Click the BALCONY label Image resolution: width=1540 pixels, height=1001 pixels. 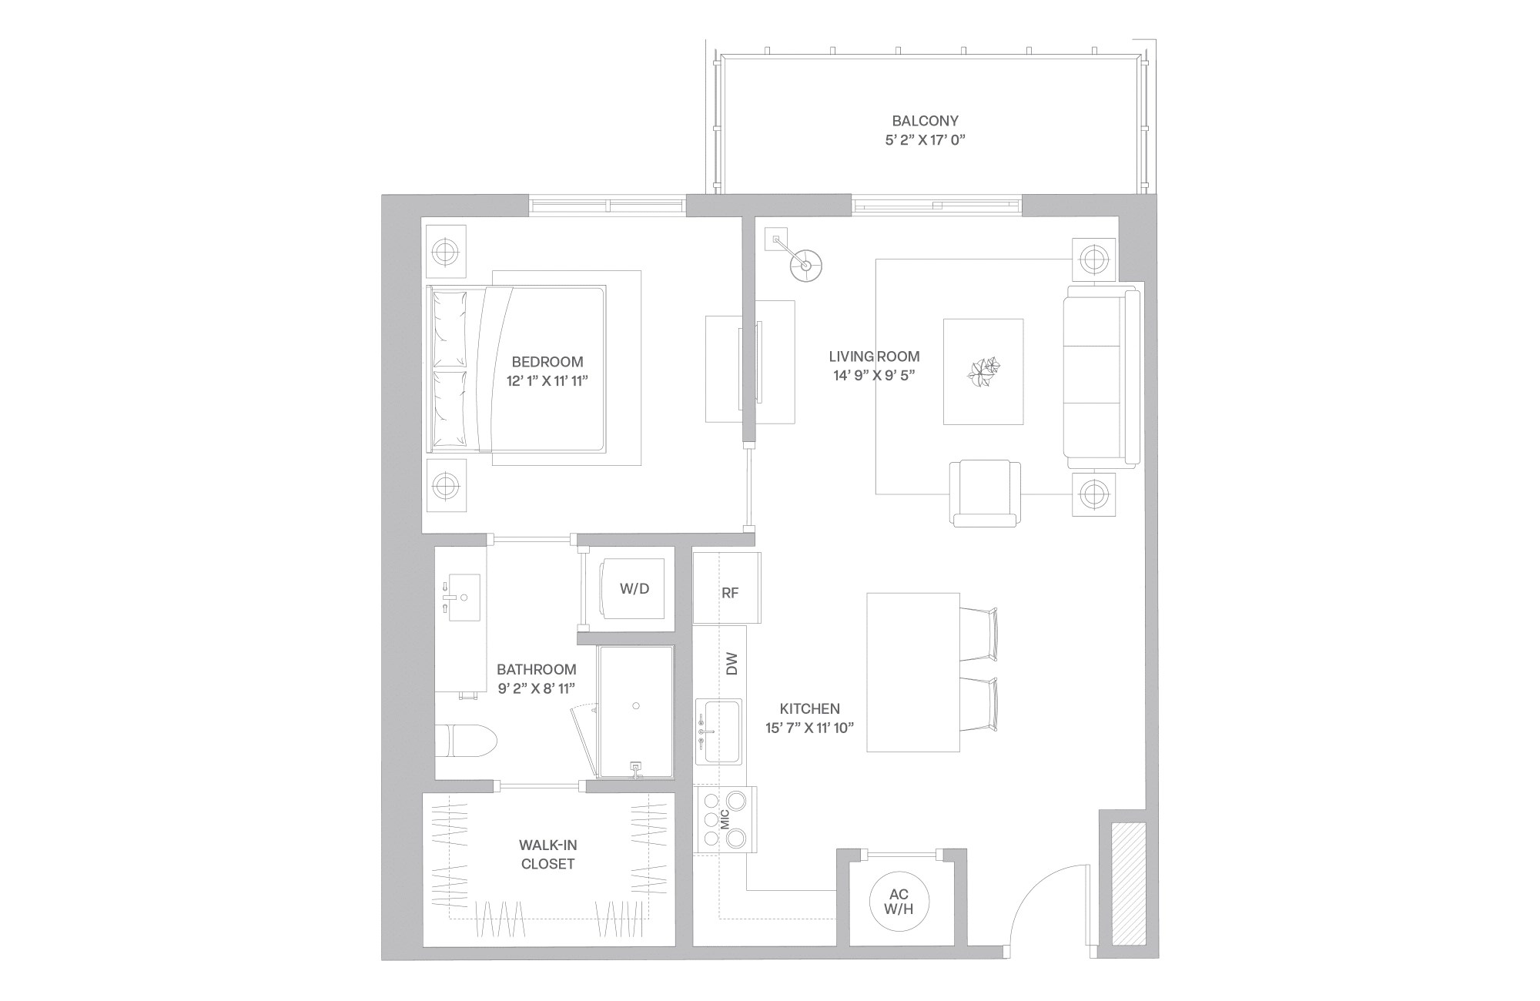(x=925, y=121)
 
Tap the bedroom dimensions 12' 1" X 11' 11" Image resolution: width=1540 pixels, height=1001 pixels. (x=547, y=381)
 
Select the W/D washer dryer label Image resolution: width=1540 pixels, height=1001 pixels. (x=634, y=589)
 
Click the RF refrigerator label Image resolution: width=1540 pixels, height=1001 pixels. (x=730, y=593)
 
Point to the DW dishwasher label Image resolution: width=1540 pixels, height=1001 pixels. (x=731, y=664)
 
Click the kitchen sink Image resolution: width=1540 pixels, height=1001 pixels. (x=718, y=731)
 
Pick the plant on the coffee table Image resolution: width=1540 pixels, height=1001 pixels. (x=983, y=373)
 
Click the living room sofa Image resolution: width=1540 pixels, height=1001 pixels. (x=1100, y=375)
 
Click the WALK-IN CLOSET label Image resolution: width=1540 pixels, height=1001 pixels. (x=547, y=855)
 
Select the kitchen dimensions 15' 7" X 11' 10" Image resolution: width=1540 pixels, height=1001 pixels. (x=810, y=728)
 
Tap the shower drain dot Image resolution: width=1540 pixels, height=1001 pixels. (x=636, y=705)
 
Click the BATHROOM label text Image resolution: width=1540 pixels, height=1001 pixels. (x=536, y=670)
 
